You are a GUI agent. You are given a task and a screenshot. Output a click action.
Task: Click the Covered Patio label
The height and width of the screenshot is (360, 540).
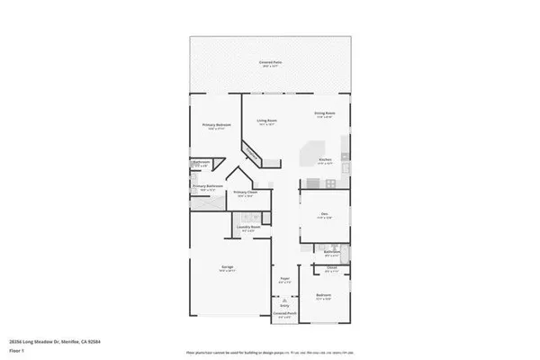coord(269,62)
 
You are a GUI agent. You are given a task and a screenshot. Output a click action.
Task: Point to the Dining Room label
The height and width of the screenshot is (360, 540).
coord(325,113)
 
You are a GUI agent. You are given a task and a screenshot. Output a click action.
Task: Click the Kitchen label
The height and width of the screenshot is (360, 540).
coord(326,161)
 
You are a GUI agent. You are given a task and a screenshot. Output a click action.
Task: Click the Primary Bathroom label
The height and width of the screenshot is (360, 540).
coord(206,187)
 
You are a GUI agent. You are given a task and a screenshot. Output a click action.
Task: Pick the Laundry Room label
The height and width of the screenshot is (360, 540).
coord(248,227)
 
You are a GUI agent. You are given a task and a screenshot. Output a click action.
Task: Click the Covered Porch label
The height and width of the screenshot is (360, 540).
coord(284,316)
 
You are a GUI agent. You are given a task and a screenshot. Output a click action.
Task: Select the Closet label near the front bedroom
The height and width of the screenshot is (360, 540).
coord(331,268)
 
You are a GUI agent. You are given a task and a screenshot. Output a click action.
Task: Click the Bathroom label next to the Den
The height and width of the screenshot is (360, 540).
coord(330,253)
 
